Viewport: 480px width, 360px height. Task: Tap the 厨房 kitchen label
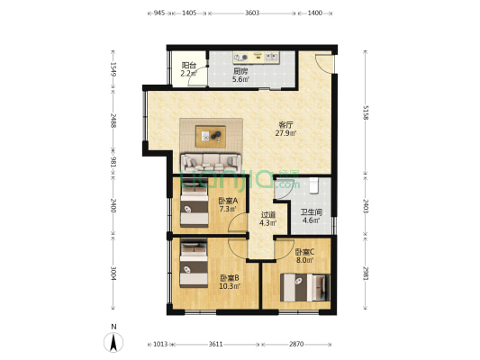[x=240, y=70]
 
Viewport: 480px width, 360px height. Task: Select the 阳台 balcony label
[x=189, y=65]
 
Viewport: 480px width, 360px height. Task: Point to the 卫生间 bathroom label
[x=311, y=212]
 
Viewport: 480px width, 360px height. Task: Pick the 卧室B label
[x=230, y=277]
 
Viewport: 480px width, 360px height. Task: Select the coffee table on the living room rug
[x=213, y=136]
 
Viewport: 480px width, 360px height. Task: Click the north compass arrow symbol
[x=113, y=341]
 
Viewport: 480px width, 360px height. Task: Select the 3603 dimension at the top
[x=251, y=13]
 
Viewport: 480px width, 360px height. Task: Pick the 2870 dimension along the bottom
[x=296, y=344]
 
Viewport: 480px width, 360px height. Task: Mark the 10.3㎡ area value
[x=230, y=286]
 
